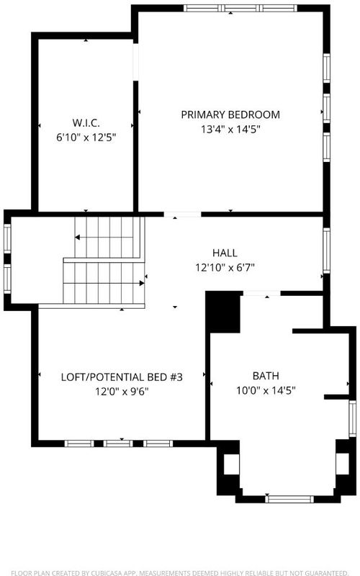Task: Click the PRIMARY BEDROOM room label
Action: pos(230,114)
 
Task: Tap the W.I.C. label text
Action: pos(86,122)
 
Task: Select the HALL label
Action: pos(225,253)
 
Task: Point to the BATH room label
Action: pos(266,376)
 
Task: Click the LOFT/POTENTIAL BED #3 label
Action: pos(122,377)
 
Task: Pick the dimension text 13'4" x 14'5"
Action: pos(230,130)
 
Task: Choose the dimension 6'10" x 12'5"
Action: pos(86,138)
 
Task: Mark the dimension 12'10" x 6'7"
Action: pos(225,267)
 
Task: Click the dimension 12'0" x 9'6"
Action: pos(122,392)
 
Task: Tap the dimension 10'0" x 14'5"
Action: pos(266,390)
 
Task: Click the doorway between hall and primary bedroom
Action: pos(182,214)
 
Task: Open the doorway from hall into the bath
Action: pos(262,293)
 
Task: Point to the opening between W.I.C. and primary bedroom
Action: pos(135,62)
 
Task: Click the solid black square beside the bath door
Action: pos(222,312)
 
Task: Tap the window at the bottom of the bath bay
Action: pos(289,499)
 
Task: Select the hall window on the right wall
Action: pos(327,251)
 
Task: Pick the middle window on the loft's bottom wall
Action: pos(118,444)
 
